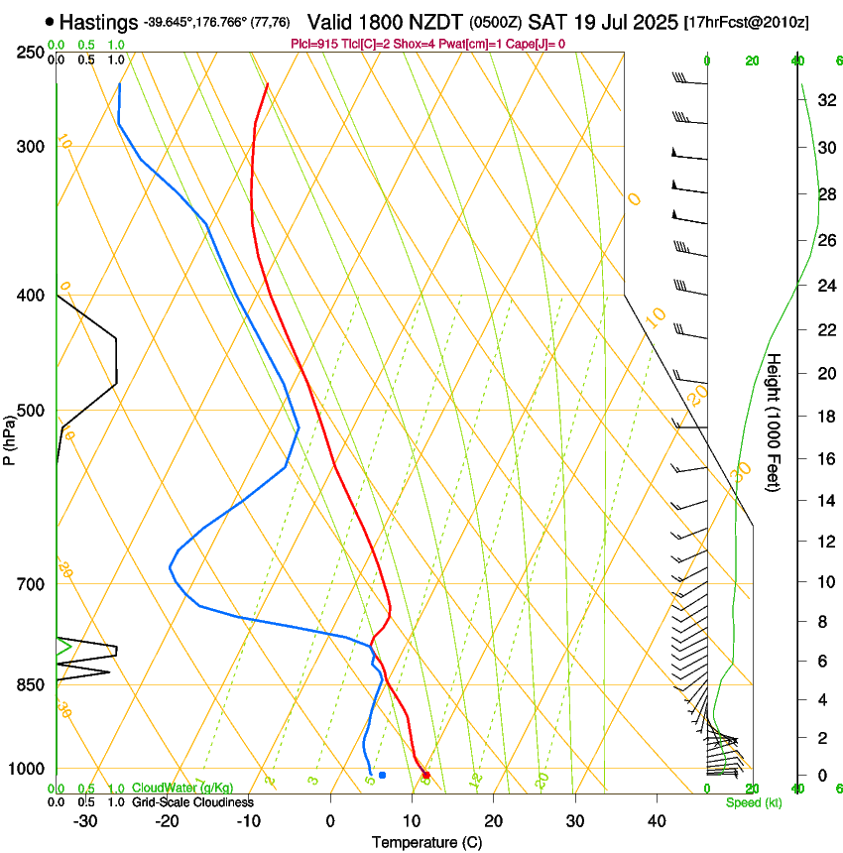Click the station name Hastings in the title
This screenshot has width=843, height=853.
click(x=98, y=21)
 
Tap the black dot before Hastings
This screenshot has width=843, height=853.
click(x=50, y=21)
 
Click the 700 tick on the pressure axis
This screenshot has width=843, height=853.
click(x=29, y=584)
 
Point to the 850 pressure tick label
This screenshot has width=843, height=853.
click(x=29, y=685)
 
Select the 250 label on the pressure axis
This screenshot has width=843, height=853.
click(x=29, y=53)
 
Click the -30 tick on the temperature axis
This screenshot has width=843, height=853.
click(x=85, y=821)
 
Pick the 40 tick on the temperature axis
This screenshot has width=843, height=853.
click(x=656, y=821)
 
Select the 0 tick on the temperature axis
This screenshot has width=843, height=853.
click(x=330, y=821)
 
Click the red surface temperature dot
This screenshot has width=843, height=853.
click(x=425, y=775)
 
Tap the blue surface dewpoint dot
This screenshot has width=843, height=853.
click(x=382, y=775)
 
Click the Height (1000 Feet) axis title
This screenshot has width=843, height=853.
click(x=775, y=422)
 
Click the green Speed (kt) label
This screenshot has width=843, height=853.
click(x=753, y=802)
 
